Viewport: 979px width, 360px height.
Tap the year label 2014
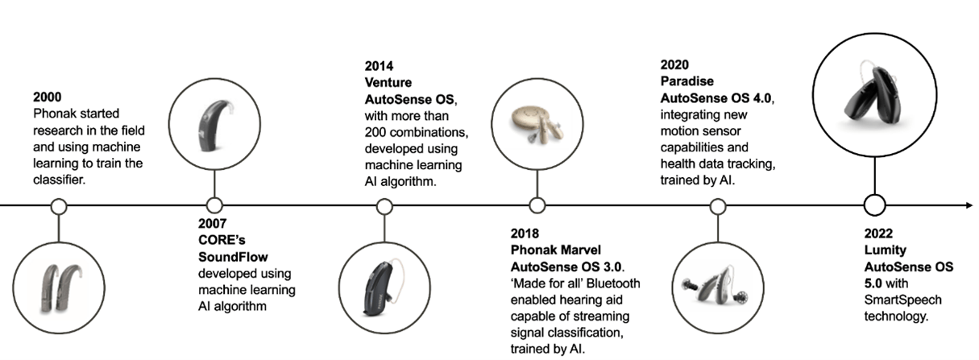380,64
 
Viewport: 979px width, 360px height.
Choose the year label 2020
675,64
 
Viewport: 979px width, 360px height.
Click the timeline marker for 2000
58,206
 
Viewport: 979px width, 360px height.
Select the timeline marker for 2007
214,205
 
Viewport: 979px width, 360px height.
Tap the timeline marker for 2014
385,206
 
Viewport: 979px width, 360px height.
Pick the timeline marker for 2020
717,206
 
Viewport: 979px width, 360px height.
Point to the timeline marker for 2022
874,205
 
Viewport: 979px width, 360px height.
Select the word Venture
388,81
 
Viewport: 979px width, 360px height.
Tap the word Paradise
687,81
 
